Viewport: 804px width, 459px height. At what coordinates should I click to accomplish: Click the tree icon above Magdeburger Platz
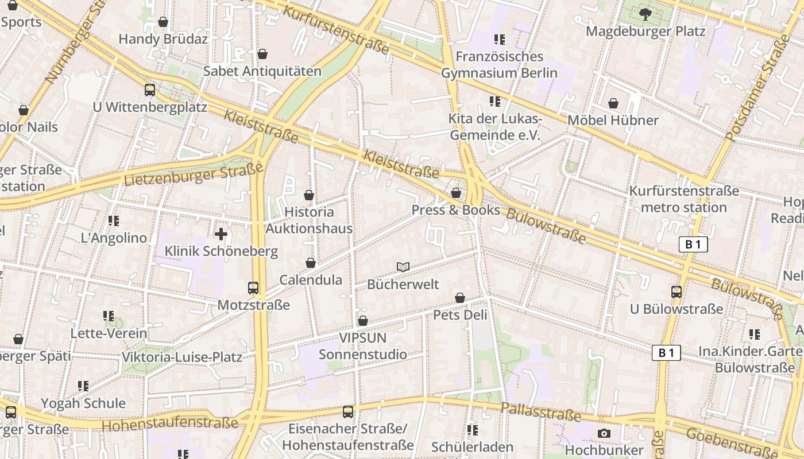645,14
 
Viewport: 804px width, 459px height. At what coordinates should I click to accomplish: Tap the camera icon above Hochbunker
604,433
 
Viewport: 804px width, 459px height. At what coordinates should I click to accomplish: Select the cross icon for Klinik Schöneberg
221,234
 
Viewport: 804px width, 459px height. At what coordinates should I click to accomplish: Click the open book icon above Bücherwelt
403,267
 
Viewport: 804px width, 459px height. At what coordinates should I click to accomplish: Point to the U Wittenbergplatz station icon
149,90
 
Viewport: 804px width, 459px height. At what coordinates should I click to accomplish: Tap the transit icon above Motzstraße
253,287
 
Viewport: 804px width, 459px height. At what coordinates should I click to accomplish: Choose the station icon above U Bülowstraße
676,291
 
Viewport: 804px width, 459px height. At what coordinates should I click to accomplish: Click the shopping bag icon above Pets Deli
460,298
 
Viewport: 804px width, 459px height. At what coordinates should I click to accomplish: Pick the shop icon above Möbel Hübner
613,103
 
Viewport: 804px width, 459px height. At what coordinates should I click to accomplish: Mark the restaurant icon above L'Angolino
113,220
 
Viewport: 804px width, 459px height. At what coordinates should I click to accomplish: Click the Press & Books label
456,210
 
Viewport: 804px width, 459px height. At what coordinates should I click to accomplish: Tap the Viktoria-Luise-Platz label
182,357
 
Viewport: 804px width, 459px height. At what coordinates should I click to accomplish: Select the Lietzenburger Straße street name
194,174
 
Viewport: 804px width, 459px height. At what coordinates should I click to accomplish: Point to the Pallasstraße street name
541,411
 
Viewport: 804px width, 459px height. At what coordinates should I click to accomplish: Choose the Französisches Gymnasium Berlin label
499,65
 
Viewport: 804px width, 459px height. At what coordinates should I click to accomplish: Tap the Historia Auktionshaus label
309,220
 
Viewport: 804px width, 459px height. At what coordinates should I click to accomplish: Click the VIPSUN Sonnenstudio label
363,346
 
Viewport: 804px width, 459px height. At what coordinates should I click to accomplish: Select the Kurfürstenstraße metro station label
684,199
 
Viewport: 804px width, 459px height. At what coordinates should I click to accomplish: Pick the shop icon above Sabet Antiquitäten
262,54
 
